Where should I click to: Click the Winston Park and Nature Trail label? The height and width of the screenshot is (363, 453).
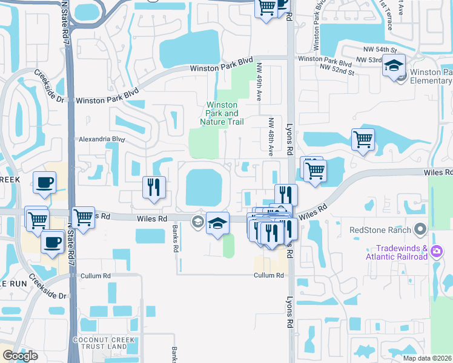[222, 113]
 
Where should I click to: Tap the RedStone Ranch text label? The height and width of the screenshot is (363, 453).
[380, 230]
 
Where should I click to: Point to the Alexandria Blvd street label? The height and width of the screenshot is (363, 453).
[101, 139]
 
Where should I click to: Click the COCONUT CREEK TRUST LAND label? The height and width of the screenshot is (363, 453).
[100, 343]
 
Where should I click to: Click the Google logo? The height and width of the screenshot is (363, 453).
[20, 355]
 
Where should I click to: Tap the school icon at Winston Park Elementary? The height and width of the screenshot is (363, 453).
[394, 65]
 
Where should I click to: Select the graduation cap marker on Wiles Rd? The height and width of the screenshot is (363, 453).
[217, 223]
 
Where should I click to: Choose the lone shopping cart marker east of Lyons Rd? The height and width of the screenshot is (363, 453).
[362, 139]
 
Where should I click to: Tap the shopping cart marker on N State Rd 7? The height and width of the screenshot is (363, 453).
[82, 217]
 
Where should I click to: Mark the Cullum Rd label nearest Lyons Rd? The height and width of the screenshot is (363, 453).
[269, 275]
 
